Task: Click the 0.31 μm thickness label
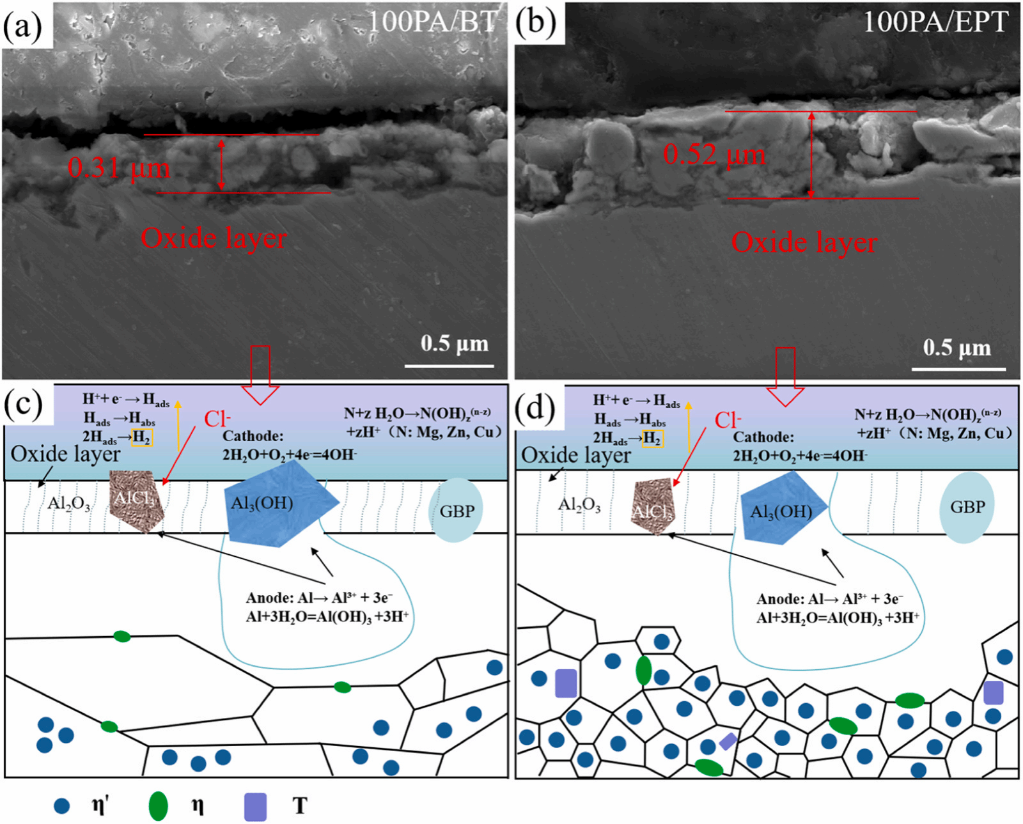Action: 119,168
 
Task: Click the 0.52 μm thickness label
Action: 714,154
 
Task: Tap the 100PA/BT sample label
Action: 433,22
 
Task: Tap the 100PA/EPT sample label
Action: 935,22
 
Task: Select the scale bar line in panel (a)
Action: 449,366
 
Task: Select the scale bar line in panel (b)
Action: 958,369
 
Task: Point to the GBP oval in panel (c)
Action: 455,510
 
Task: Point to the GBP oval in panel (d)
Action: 967,508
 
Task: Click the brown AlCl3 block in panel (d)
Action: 653,506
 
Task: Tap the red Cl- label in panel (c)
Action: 217,419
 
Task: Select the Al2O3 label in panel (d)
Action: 579,506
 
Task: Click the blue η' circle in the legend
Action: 61,805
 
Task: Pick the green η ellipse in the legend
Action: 158,806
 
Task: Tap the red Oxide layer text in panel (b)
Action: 804,243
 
